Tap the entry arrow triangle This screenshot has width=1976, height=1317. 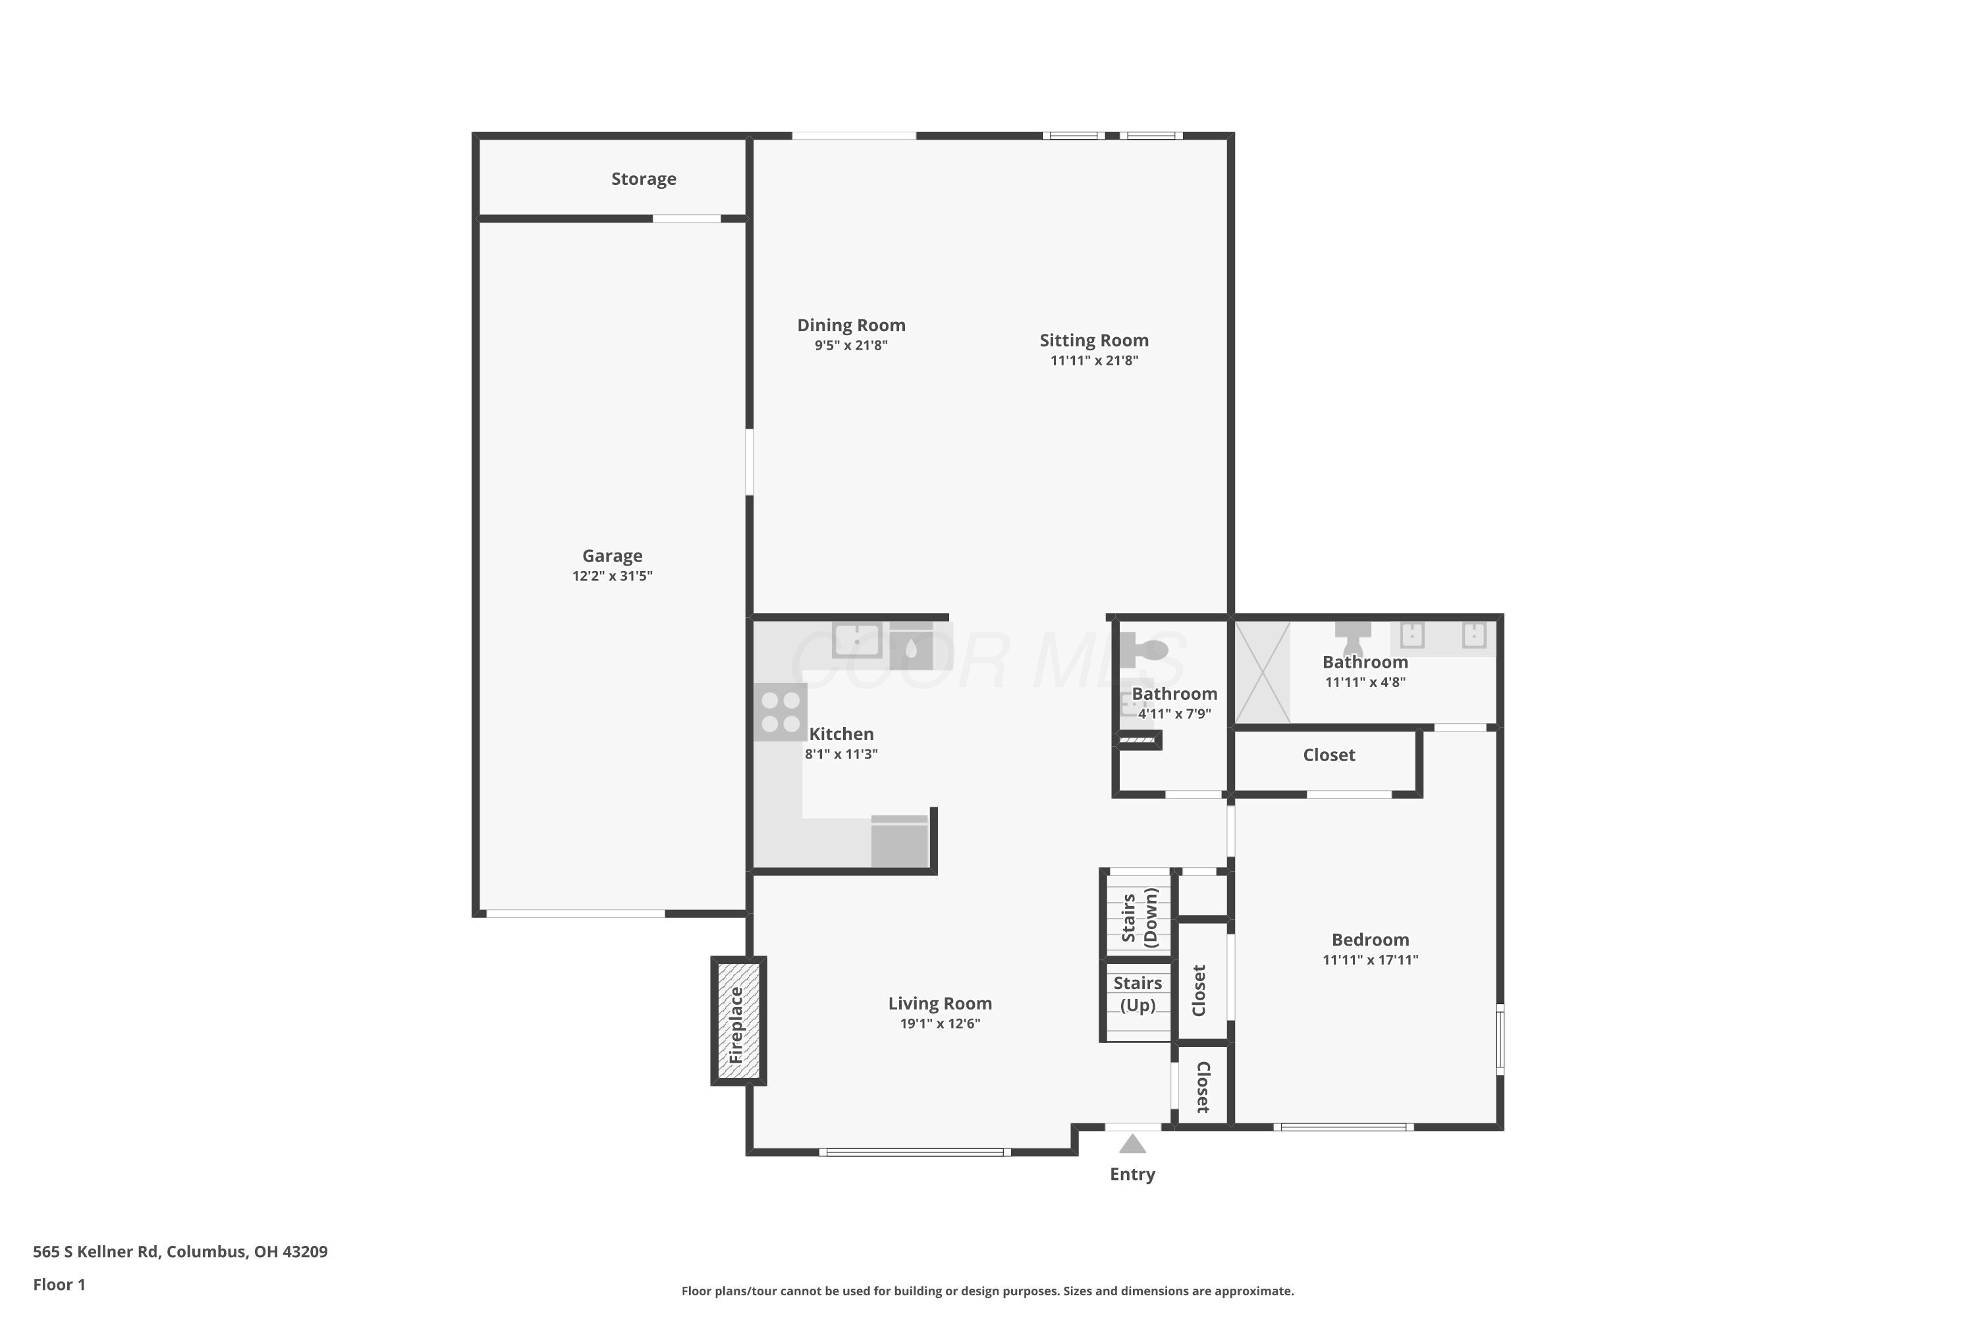1132,1144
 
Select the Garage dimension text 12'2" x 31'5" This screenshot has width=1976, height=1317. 613,576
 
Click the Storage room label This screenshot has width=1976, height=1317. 644,179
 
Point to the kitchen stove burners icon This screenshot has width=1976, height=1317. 781,712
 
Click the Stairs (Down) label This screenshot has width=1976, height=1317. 1139,917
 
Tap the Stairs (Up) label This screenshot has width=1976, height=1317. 1138,994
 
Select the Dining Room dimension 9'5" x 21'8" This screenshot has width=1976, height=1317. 851,345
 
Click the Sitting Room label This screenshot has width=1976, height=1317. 1094,340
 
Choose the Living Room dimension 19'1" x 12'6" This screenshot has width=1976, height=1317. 940,1023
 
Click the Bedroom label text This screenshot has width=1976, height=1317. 1370,940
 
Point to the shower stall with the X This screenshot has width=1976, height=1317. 1262,672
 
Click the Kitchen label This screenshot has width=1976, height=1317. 841,734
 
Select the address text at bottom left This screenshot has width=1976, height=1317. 180,1252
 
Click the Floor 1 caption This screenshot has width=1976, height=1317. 59,1284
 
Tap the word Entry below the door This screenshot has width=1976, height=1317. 1132,1174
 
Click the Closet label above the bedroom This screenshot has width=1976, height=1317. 1329,755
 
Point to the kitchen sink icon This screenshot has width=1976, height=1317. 857,640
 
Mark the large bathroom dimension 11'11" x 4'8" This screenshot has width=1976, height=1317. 1365,682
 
